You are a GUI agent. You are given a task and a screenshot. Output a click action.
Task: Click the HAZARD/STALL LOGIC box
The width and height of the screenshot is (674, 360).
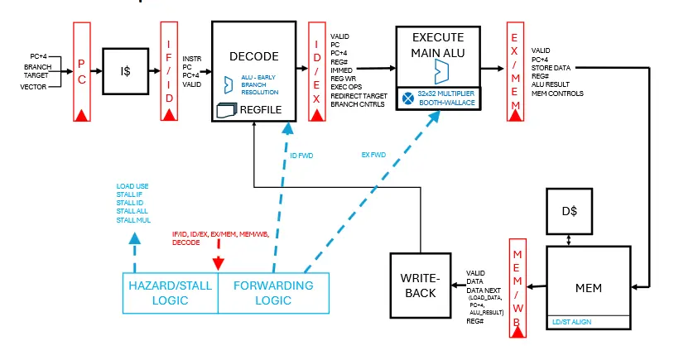click(x=171, y=292)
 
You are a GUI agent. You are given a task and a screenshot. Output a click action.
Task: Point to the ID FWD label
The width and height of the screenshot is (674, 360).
click(x=301, y=155)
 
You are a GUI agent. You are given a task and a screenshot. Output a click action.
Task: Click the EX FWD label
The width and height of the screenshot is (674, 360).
click(x=374, y=155)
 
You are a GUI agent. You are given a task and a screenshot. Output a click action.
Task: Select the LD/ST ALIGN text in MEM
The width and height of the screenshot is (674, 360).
click(x=572, y=321)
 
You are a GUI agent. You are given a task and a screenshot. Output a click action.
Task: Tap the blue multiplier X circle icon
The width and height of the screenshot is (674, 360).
click(x=407, y=98)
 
